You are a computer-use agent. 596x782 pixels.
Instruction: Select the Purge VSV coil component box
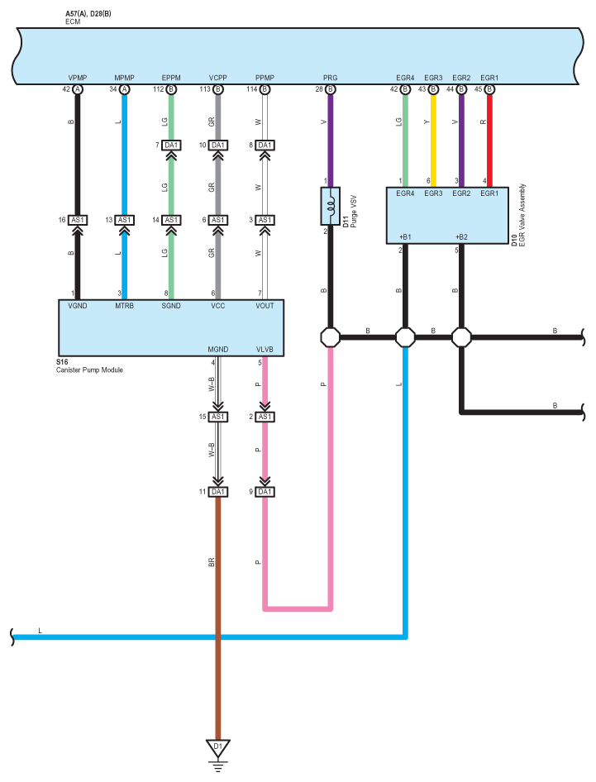330,206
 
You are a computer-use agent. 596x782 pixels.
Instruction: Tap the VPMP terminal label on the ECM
78,78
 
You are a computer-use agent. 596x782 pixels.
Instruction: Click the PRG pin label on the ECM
330,78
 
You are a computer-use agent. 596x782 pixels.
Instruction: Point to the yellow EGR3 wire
433,141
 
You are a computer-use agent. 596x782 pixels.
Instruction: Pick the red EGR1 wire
489,141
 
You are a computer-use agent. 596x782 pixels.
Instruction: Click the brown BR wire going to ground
218,618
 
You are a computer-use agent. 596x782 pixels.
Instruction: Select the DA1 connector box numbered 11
218,492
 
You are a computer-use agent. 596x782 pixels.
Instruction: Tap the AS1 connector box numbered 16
78,220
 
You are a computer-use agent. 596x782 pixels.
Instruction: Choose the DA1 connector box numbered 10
218,145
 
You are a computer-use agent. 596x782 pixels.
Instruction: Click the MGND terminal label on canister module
218,350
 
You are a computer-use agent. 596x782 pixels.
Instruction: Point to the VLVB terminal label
265,350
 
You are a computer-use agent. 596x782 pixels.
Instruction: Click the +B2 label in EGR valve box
461,237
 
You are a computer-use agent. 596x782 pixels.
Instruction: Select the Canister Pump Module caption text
89,370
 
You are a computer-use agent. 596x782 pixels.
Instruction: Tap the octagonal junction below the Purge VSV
330,337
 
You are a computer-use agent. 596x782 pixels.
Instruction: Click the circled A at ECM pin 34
124,89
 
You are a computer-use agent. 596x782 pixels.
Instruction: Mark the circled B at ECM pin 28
330,89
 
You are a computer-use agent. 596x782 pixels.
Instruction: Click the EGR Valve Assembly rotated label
522,214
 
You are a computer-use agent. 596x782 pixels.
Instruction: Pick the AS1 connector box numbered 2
265,417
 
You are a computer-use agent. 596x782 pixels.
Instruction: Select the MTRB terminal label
124,306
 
